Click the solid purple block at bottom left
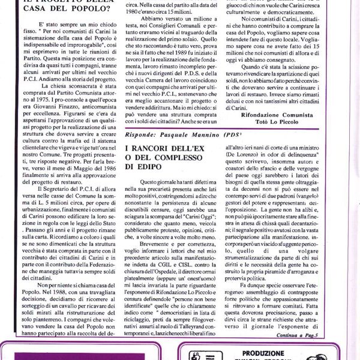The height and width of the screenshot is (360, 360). click(60, 354)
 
